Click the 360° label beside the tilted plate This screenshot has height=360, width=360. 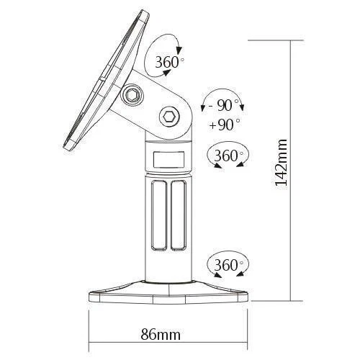click(x=170, y=63)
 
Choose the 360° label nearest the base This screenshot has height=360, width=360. click(x=227, y=266)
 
